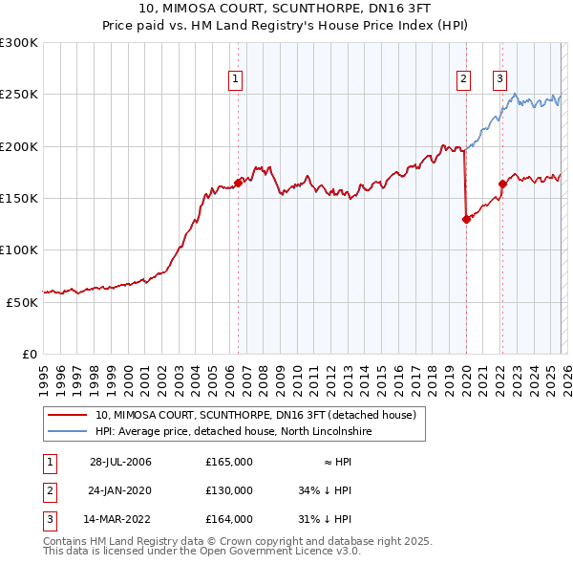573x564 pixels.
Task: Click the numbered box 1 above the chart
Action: pyautogui.click(x=234, y=80)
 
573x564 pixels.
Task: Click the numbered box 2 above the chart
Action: pyautogui.click(x=463, y=80)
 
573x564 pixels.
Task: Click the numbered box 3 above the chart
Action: pyautogui.click(x=499, y=80)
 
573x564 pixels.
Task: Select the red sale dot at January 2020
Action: pyautogui.click(x=466, y=219)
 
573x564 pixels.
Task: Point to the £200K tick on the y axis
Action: pyautogui.click(x=19, y=146)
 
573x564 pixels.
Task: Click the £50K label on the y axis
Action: pyautogui.click(x=22, y=301)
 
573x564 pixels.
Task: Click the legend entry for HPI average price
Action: pyautogui.click(x=233, y=432)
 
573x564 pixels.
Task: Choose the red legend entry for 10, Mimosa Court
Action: pyautogui.click(x=255, y=416)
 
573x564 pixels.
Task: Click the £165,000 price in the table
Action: pyautogui.click(x=228, y=462)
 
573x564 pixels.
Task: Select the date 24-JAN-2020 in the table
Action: pyautogui.click(x=120, y=490)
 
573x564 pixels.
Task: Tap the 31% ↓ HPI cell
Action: pyautogui.click(x=326, y=519)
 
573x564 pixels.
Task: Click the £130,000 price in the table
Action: pyautogui.click(x=228, y=490)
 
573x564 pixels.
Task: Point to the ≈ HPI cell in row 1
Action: pyautogui.click(x=331, y=462)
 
